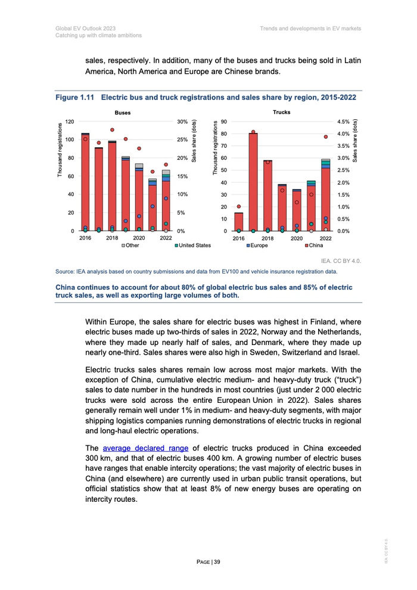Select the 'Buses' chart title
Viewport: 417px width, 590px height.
[123, 112]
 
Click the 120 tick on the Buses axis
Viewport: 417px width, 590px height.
[69, 121]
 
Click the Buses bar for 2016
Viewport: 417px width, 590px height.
[85, 182]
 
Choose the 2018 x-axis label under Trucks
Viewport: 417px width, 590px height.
[267, 237]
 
